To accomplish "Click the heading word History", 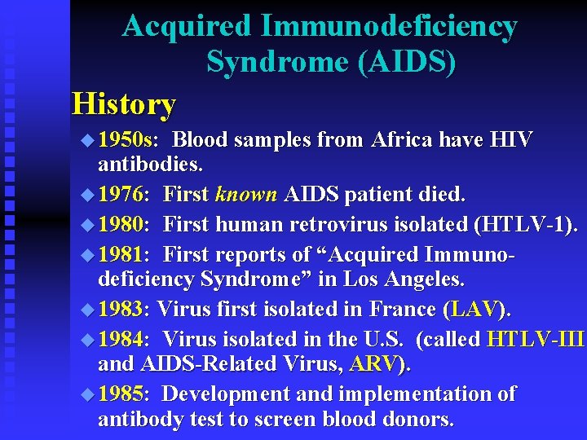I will click(124, 104).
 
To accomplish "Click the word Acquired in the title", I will click(187, 26).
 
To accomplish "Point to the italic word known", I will click(247, 195).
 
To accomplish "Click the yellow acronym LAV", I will click(474, 310).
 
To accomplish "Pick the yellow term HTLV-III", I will click(535, 338).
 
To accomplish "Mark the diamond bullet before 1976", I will click(88, 196).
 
